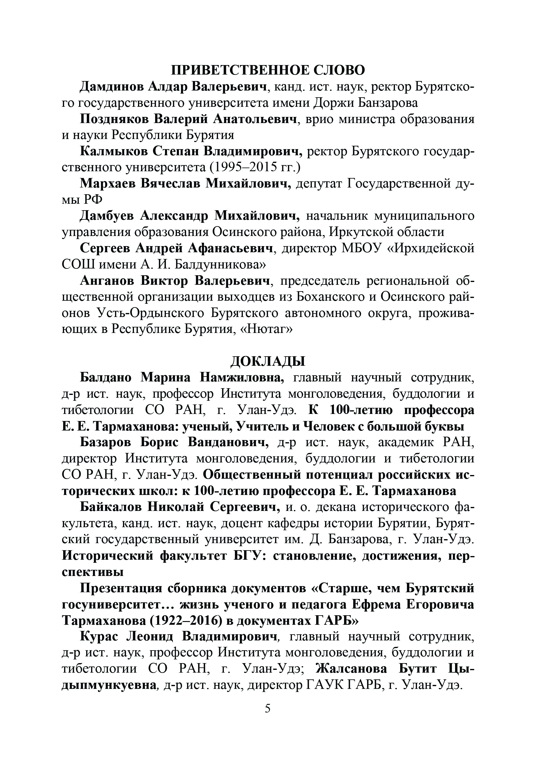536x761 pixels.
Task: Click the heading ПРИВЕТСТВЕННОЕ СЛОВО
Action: [x=268, y=70]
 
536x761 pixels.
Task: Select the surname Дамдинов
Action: [x=111, y=87]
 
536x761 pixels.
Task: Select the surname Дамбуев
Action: [x=107, y=216]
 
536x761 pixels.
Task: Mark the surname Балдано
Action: [x=106, y=377]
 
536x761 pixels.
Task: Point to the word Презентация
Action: [x=121, y=588]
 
